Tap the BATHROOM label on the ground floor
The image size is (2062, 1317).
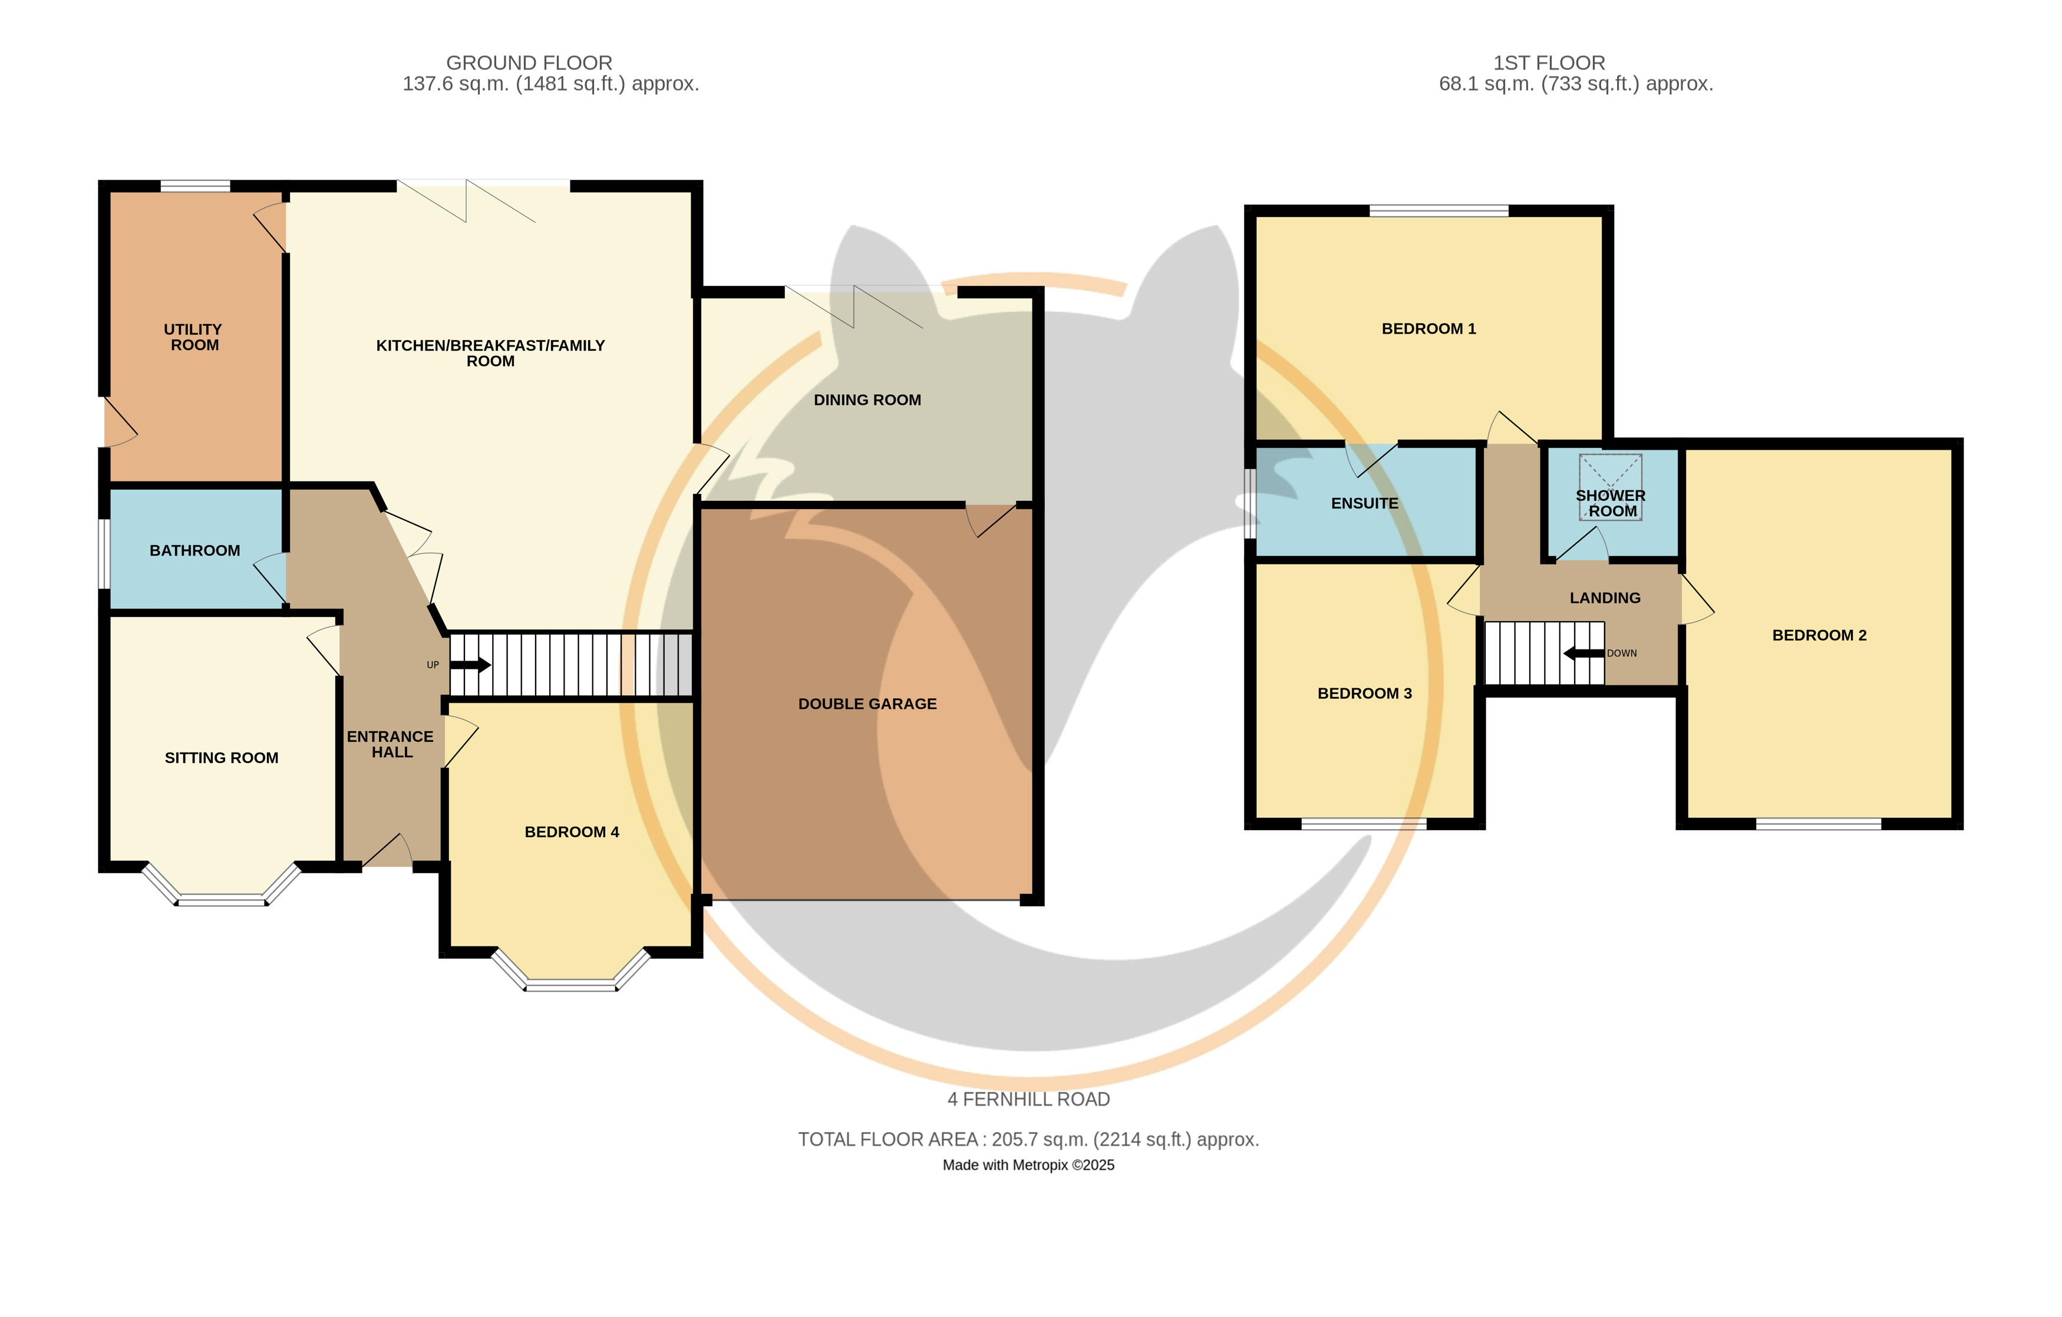tap(195, 550)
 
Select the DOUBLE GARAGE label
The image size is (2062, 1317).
tap(867, 704)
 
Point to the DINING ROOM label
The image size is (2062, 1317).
tap(867, 400)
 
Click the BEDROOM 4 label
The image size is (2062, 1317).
tap(572, 831)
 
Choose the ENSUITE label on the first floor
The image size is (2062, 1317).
tap(1365, 503)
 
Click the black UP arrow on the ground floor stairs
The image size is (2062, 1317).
tap(470, 665)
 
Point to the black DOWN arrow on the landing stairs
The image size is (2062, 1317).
tap(1584, 653)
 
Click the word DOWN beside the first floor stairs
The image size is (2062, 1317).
tap(1622, 653)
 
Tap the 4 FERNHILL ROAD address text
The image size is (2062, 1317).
tap(1028, 1100)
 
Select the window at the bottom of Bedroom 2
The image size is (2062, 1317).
tap(1819, 824)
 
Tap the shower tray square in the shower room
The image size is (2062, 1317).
tap(1611, 486)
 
